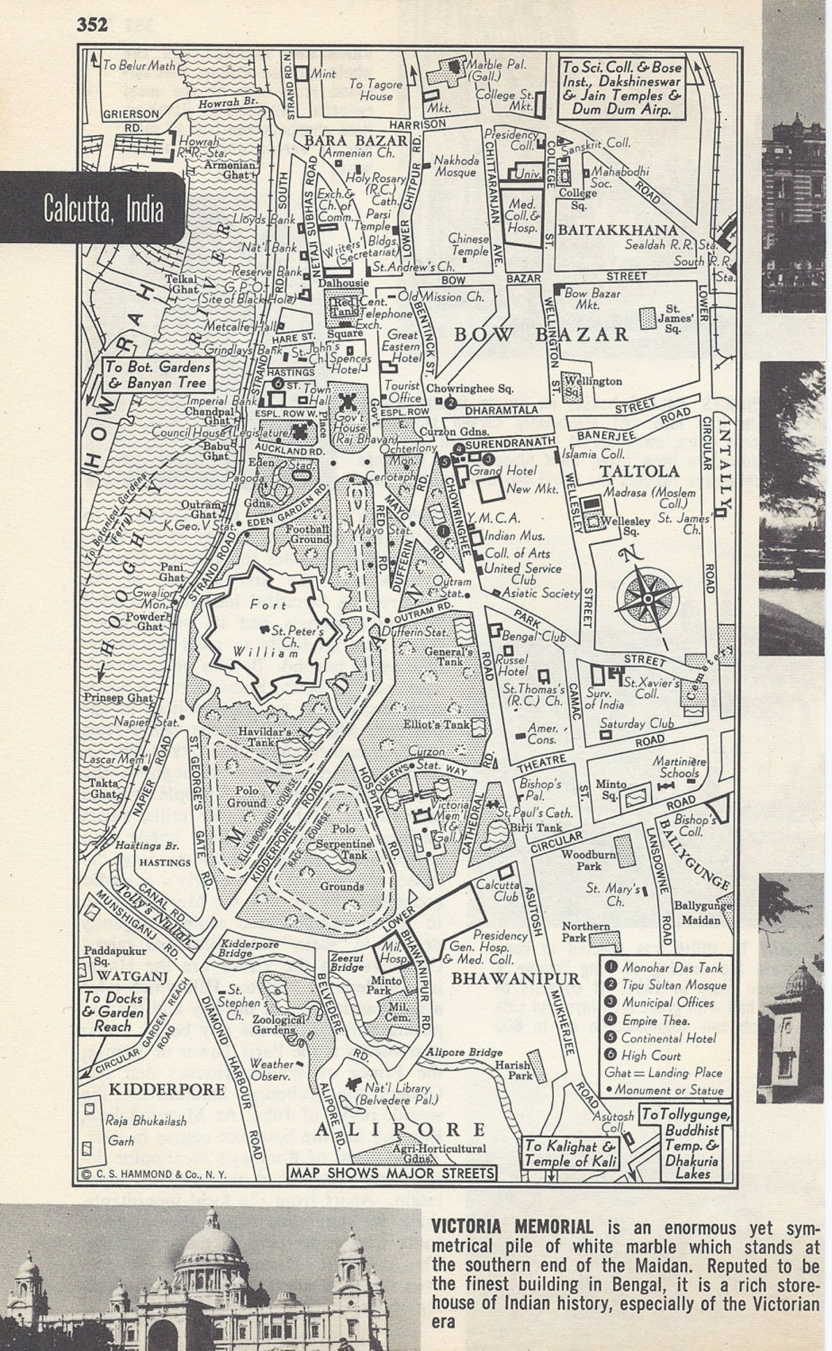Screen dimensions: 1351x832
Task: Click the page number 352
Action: click(x=93, y=25)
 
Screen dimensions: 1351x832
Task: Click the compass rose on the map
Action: click(x=647, y=598)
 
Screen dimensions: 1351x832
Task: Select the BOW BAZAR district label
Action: click(x=541, y=334)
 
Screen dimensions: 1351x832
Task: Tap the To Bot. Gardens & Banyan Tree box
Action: click(x=158, y=375)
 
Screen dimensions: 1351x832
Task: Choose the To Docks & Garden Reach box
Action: click(x=112, y=1011)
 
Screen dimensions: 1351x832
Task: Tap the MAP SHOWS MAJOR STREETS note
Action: click(x=392, y=1173)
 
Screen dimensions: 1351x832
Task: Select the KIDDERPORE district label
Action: click(x=166, y=1090)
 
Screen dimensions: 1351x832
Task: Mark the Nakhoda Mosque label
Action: click(x=456, y=166)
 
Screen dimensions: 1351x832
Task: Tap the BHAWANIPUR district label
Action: click(x=515, y=979)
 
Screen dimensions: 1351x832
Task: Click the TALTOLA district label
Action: click(x=639, y=471)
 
